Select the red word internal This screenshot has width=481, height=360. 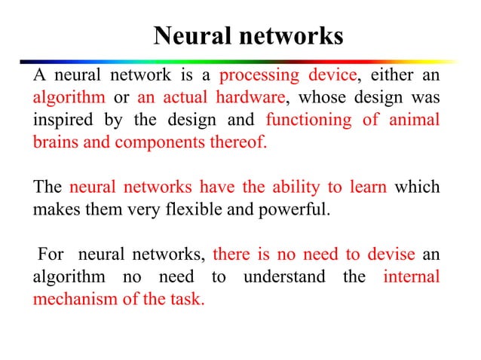[x=411, y=276]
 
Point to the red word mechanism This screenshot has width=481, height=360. [x=72, y=297]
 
